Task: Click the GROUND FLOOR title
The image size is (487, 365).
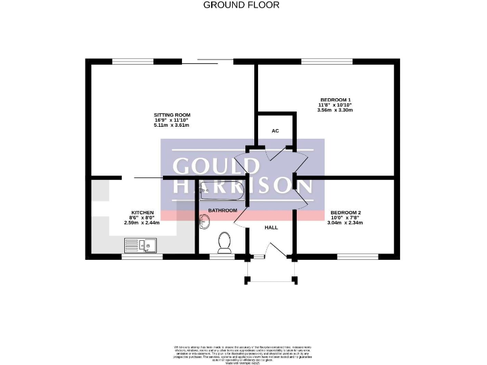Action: (241, 5)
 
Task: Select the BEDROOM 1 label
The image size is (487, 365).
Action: (335, 100)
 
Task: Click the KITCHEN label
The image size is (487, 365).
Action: (142, 212)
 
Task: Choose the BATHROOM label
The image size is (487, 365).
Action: (223, 210)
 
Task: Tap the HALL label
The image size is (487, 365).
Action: (271, 227)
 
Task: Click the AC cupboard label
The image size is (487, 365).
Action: (275, 131)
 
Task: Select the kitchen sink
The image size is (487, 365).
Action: (141, 245)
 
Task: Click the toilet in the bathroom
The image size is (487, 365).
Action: (223, 241)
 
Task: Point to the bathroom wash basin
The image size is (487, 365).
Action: (204, 221)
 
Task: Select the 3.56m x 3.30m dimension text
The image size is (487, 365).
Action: (335, 110)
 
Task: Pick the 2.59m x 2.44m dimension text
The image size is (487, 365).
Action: (142, 223)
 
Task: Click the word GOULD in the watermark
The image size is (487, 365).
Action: (216, 166)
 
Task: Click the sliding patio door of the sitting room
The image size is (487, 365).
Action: (203, 61)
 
